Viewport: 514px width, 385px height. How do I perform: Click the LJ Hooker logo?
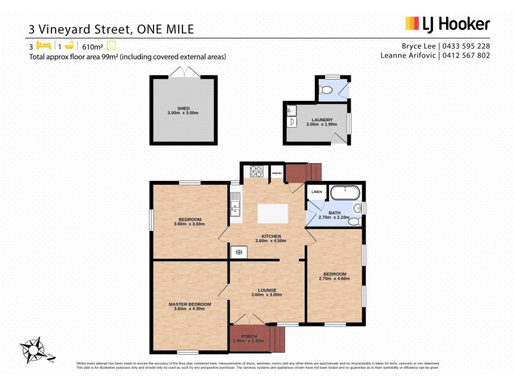click(447, 24)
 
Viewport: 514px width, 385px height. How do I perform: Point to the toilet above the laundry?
click(326, 90)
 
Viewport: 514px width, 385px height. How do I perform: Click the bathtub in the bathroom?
click(344, 192)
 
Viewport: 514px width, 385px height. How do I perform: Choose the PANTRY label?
click(278, 173)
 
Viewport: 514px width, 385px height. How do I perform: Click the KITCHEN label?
click(270, 235)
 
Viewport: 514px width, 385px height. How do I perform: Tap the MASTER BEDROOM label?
click(190, 304)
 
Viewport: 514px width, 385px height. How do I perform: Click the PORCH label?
click(249, 337)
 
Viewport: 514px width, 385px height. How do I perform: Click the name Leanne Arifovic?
click(407, 56)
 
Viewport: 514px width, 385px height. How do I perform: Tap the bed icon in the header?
click(43, 46)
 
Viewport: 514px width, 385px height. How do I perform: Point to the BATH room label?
click(334, 212)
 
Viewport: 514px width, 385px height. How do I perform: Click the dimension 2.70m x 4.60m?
click(334, 278)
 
